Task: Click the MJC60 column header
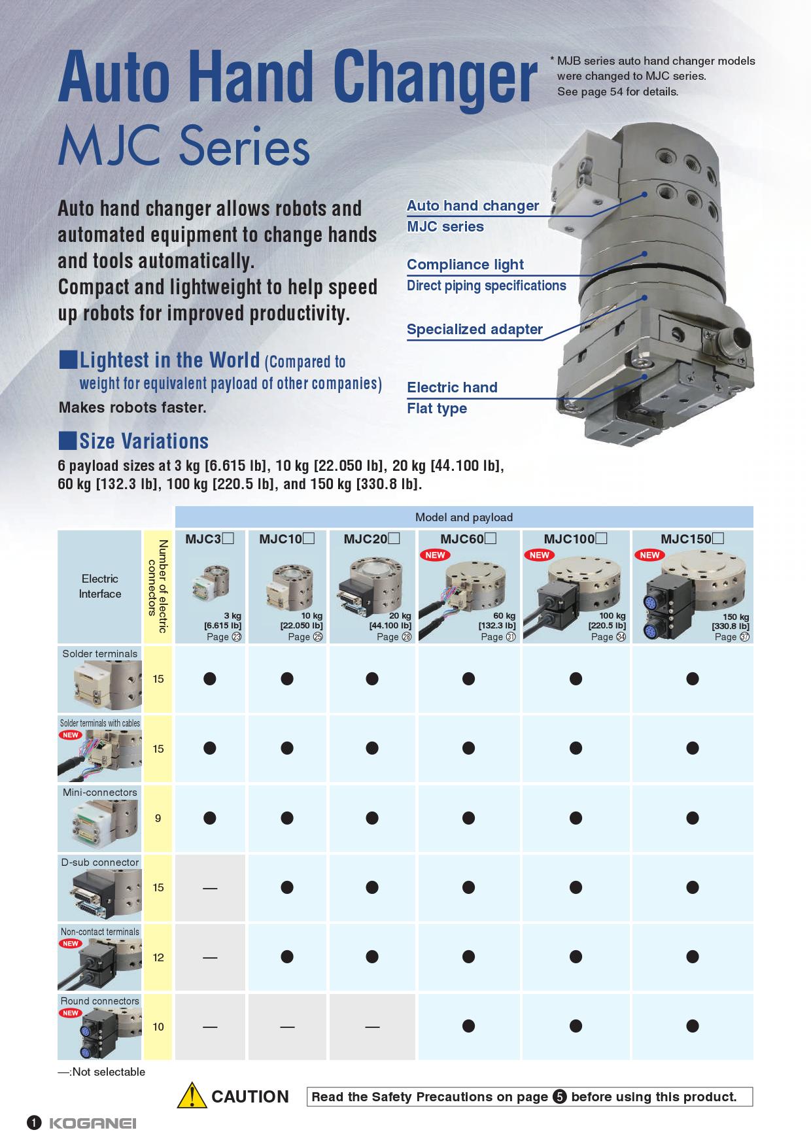point(468,539)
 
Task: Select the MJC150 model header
point(692,539)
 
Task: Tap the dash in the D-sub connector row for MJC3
point(210,888)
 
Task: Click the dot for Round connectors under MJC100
point(576,1027)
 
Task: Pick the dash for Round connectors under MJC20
point(372,1027)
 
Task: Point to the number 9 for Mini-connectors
point(158,818)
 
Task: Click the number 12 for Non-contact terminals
point(158,957)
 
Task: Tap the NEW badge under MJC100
point(540,555)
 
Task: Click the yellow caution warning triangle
point(192,1096)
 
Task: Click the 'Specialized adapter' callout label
point(475,330)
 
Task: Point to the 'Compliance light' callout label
point(465,265)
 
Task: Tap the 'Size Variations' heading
point(144,441)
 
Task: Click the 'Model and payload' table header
point(464,517)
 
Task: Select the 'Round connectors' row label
point(100,1001)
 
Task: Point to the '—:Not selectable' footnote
point(101,1072)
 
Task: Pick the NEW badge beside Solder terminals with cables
point(71,735)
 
